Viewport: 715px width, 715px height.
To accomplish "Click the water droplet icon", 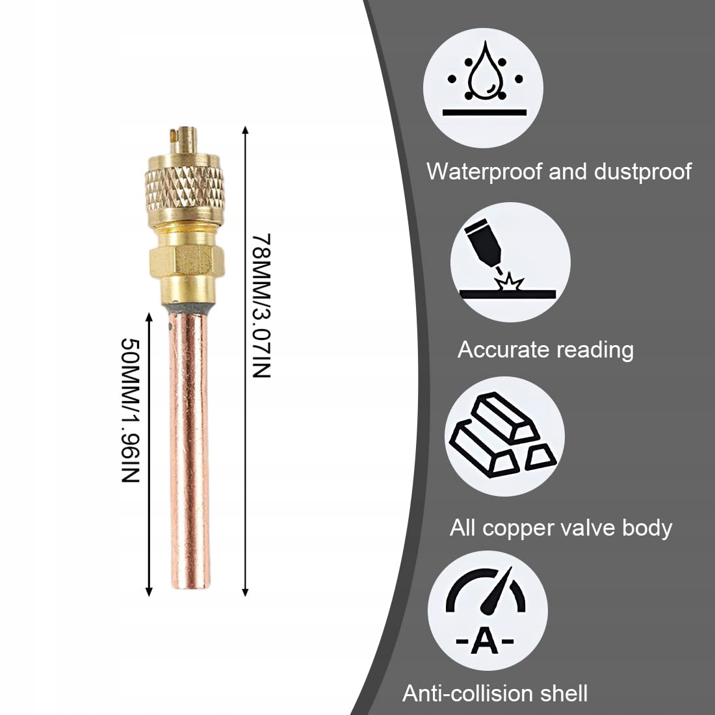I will tap(483, 75).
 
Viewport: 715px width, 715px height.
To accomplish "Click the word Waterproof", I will tap(484, 172).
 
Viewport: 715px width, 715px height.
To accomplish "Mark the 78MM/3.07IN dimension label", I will tap(260, 305).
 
